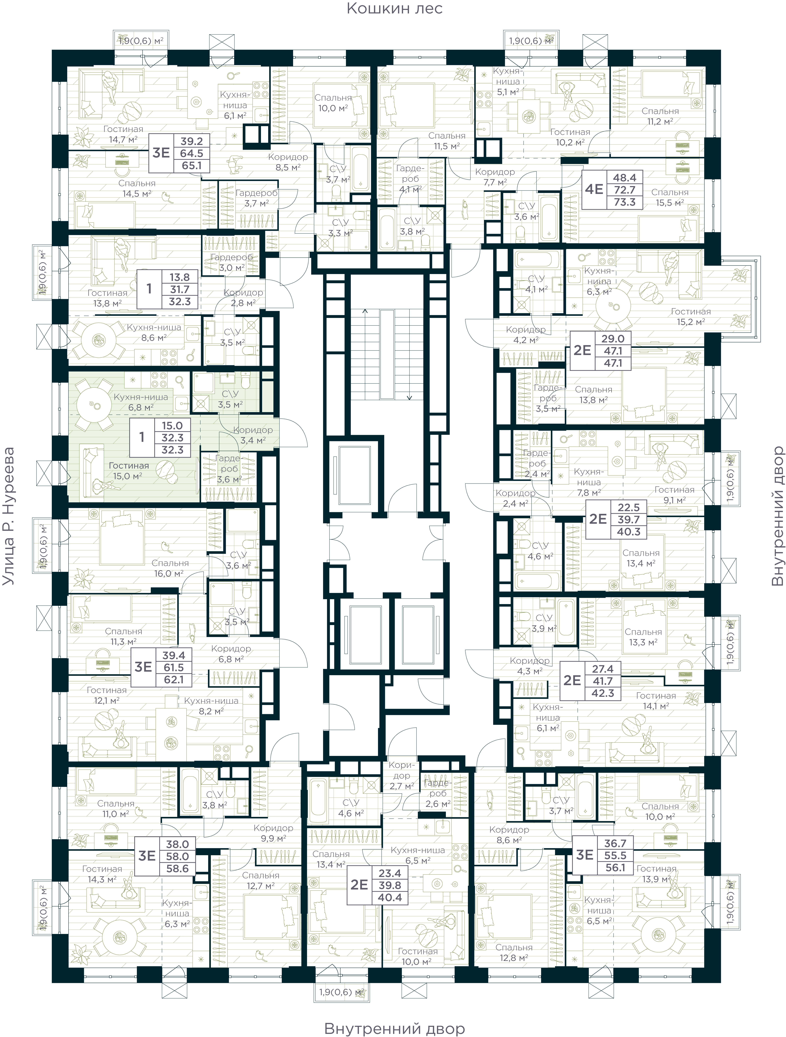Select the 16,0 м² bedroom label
[170, 568]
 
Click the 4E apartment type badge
[594, 189]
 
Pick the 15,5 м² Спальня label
[670, 197]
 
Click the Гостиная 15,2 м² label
[690, 316]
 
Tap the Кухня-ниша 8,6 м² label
[154, 332]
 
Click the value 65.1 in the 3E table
[191, 165]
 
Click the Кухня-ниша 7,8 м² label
[589, 482]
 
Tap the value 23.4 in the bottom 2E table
[389, 873]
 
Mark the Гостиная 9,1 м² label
[674, 495]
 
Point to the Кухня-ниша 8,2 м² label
[211, 705]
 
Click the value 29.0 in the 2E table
[613, 338]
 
